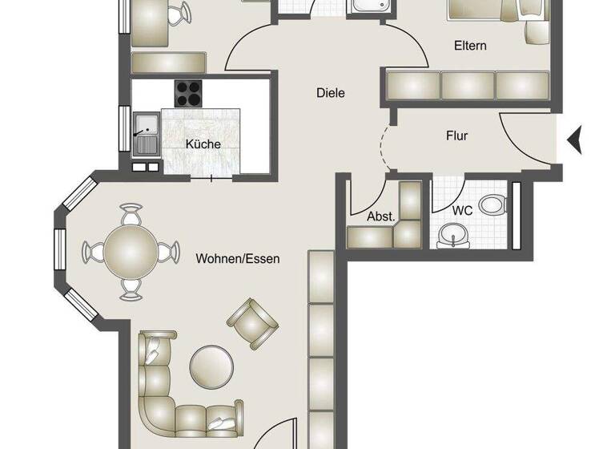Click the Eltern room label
(469, 46)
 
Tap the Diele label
(330, 94)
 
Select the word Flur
(456, 136)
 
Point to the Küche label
(203, 144)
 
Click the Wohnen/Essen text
(237, 259)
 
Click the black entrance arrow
(574, 141)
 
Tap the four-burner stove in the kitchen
(188, 93)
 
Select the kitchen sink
(147, 126)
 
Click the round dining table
(131, 251)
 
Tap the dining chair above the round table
(131, 215)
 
